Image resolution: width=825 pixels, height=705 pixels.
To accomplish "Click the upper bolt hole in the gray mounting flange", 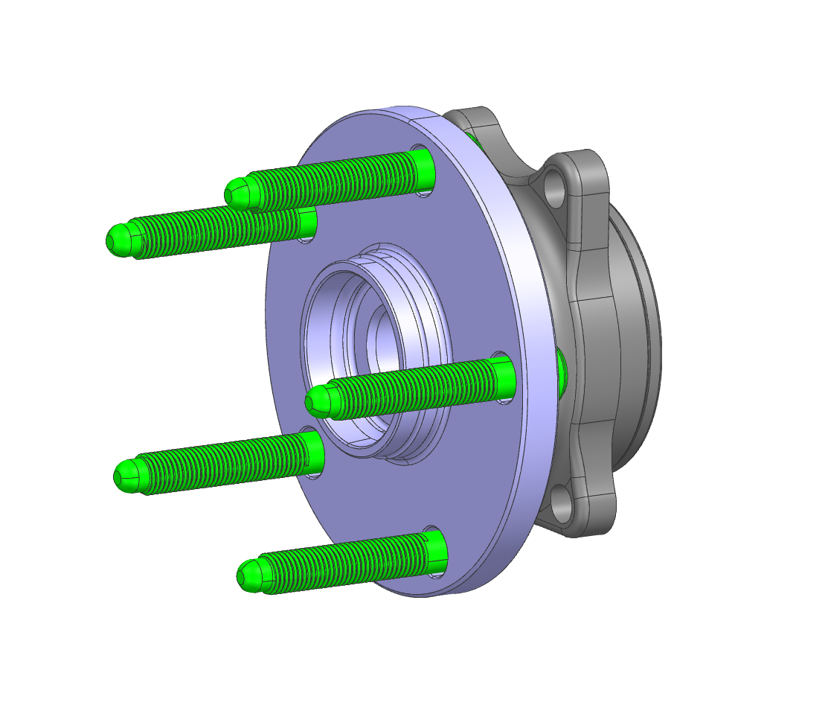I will point(555,185).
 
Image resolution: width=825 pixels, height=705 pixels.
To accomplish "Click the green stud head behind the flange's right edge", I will point(562,368).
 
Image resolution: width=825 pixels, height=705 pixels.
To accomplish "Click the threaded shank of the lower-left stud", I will point(223,461).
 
